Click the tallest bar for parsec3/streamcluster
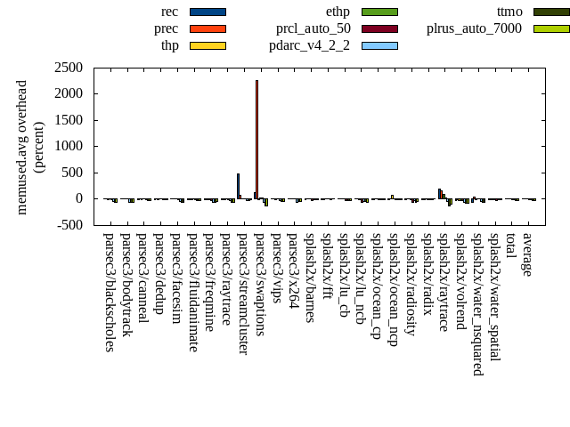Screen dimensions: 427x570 [x=238, y=186]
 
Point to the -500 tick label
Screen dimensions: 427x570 [x=70, y=225]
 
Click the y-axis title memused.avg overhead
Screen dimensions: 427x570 [x=22, y=147]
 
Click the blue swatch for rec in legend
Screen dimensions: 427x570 [x=208, y=12]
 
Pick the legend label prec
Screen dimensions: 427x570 [x=166, y=28]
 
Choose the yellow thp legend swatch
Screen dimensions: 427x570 [x=208, y=45]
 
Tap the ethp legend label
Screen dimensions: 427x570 [x=338, y=12]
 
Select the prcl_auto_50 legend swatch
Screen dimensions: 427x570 [x=379, y=28]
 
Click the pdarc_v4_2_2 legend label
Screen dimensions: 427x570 [x=309, y=45]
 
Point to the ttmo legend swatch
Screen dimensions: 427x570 [x=551, y=12]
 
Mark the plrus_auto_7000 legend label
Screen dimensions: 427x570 [x=474, y=28]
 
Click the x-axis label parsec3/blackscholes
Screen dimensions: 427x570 [x=110, y=292]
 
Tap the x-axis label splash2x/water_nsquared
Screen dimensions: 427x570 [x=477, y=303]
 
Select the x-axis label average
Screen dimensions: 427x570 [x=528, y=254]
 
